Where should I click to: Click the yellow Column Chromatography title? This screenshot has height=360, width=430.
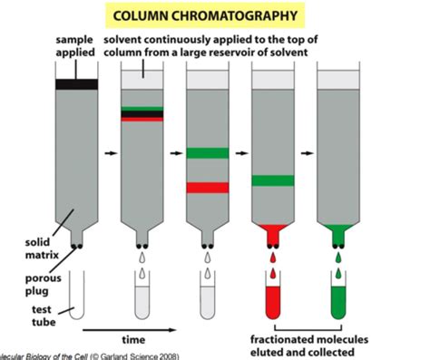coord(216,15)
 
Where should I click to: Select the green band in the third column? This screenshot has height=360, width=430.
coord(208,152)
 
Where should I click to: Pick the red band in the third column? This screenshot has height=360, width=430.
coord(208,187)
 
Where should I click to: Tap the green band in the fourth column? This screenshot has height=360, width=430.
coord(273,180)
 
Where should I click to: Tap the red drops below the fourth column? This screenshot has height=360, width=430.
coord(273,263)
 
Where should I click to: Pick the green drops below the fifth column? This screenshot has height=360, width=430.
coord(338,263)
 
